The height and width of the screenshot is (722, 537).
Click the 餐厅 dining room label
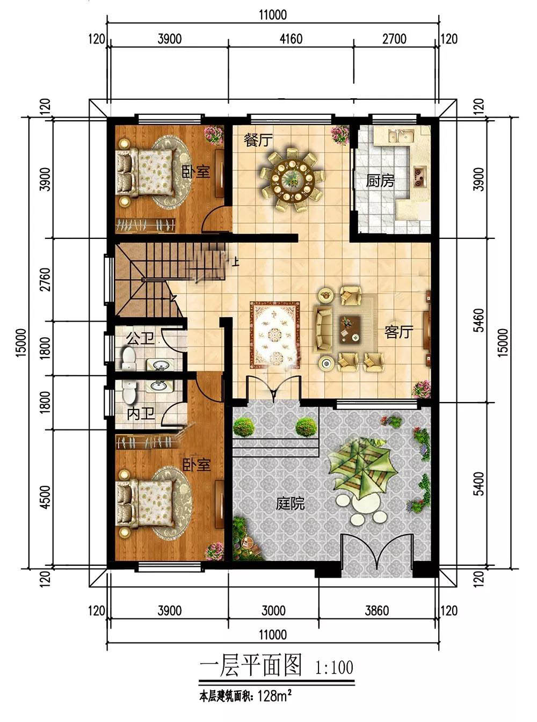tap(258, 141)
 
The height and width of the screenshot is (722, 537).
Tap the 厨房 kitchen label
tap(380, 181)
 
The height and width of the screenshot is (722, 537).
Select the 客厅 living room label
tap(398, 332)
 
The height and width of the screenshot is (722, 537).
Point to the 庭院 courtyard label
tap(290, 503)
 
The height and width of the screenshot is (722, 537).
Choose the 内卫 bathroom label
tap(141, 414)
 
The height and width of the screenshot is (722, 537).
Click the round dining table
tap(293, 179)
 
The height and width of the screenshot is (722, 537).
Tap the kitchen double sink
tap(402, 136)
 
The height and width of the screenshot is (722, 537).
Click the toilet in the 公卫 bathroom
tap(129, 359)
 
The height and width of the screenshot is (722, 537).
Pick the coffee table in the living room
tap(350, 329)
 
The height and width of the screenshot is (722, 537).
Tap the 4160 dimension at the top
tap(291, 39)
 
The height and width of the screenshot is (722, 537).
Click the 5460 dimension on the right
tap(480, 320)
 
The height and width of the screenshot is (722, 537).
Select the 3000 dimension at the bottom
tap(273, 611)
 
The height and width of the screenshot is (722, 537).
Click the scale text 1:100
tap(334, 667)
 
